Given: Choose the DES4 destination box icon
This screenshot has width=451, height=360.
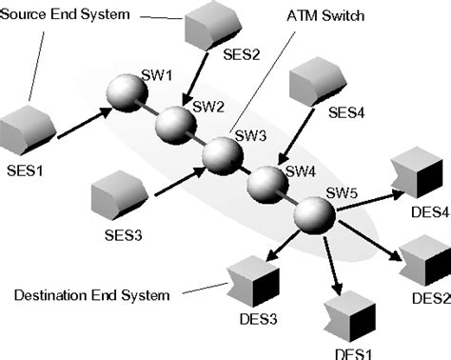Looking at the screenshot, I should tap(417, 170).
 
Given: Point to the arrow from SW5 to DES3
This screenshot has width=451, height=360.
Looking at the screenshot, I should tap(277, 246).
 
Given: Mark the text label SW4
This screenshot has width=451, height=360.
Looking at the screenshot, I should tap(300, 171).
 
